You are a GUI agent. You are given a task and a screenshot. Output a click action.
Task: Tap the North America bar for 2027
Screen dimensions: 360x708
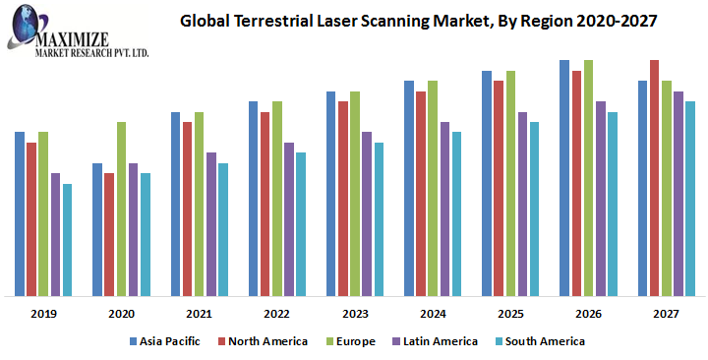[x=654, y=178]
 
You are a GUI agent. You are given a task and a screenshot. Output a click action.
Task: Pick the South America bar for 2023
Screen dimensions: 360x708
[x=379, y=219]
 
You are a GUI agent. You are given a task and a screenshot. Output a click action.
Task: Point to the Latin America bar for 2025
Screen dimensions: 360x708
[x=523, y=204]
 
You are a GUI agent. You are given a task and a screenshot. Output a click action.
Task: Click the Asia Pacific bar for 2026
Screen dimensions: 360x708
[x=564, y=178]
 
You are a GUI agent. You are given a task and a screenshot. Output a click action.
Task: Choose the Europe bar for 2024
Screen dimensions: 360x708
[x=433, y=188]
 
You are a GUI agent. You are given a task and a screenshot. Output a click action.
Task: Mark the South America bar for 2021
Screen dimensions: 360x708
[x=223, y=229]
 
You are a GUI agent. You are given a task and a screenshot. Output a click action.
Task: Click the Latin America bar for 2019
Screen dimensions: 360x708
[x=55, y=234]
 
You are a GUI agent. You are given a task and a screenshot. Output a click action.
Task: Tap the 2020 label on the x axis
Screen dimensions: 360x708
[x=122, y=313]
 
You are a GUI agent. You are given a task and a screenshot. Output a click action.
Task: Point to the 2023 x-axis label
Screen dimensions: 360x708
[x=355, y=313]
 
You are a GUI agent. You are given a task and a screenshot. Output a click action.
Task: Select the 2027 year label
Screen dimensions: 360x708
[x=666, y=313]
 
